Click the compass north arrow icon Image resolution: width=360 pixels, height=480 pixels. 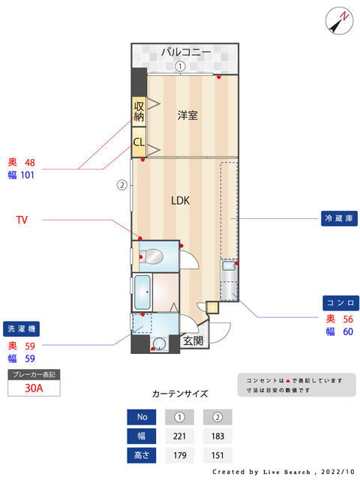coord(339,20)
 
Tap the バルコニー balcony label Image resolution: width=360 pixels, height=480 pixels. coord(186,52)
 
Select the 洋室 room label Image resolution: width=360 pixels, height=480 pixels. coord(187,115)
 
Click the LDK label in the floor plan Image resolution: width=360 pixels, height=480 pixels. coord(180,200)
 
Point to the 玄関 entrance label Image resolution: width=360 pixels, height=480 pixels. coord(193,340)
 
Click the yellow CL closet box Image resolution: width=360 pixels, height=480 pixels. coord(139,142)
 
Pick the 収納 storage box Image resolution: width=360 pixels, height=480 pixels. coord(139,112)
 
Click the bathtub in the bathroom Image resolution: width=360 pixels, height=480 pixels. coord(142,292)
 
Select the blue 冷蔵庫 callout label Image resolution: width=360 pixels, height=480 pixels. coord(339,218)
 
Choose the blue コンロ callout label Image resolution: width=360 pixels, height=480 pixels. coord(340,303)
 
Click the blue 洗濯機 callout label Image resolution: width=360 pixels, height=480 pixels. coord(22,328)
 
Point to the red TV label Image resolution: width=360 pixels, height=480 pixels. coord(22,220)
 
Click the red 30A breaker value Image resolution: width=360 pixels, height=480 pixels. coord(34,388)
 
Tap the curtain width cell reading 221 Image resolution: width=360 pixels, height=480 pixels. coord(179,436)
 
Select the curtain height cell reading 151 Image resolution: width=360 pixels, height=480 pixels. coord(217,455)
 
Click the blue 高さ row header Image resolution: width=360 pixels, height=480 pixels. coord(142,455)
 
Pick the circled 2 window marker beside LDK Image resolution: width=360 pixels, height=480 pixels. coord(121,185)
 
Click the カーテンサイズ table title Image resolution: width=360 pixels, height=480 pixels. coord(180,394)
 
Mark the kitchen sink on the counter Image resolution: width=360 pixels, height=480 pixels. coord(229,265)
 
